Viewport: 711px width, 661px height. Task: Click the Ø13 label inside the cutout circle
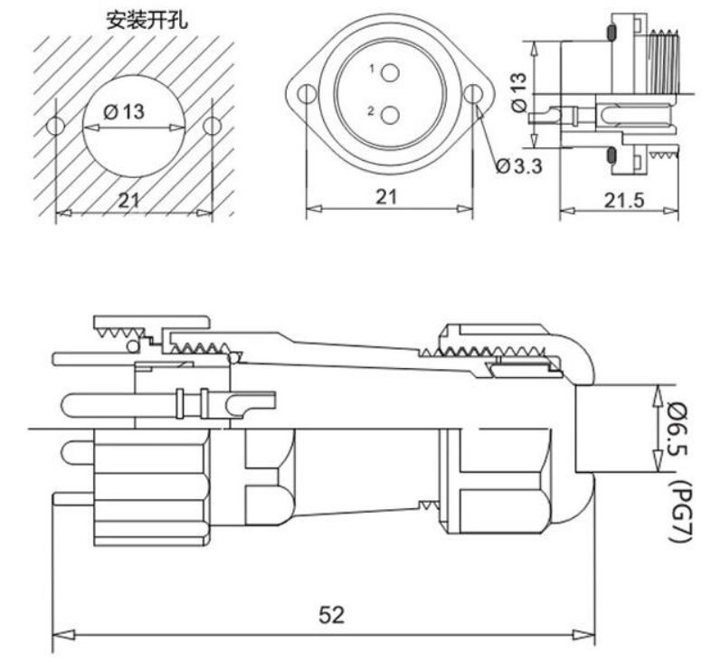click(x=124, y=112)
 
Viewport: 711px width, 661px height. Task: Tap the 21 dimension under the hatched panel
click(x=129, y=201)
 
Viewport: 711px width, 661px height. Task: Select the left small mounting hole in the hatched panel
click(x=56, y=126)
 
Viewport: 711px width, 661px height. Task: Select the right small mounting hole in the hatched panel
click(x=212, y=126)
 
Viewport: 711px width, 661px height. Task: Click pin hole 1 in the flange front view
click(x=390, y=72)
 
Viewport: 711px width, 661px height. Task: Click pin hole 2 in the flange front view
click(x=390, y=115)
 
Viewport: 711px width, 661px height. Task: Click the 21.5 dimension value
click(x=621, y=201)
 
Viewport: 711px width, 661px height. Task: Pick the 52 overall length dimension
click(x=332, y=616)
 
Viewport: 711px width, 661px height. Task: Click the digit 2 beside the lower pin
click(x=372, y=111)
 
